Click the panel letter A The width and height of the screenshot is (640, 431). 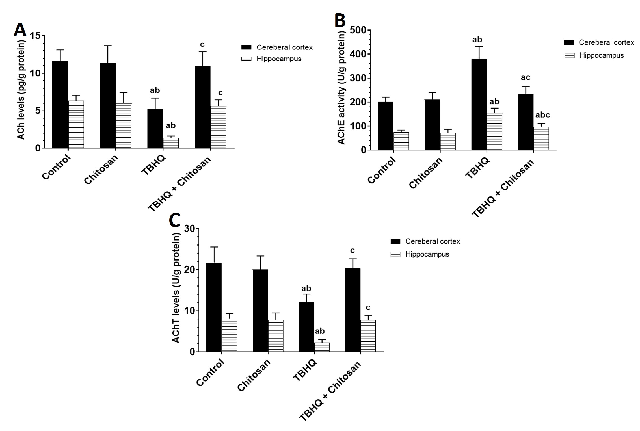[x=20, y=30]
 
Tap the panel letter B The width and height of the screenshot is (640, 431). [x=340, y=21]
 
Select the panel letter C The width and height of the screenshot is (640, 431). [x=174, y=220]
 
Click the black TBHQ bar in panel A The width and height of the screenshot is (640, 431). [x=155, y=128]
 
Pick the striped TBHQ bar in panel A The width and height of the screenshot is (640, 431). [x=171, y=143]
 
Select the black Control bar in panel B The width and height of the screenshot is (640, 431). [x=385, y=126]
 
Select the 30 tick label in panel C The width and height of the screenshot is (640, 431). [x=190, y=228]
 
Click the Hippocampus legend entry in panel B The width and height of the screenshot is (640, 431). [x=601, y=55]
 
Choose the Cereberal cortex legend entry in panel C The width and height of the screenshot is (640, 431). [x=432, y=241]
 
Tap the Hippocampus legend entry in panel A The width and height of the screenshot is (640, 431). [x=279, y=59]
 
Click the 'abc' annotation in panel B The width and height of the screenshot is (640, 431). [x=542, y=115]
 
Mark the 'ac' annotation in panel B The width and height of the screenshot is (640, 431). [x=525, y=77]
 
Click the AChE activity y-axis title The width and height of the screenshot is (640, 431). [x=341, y=88]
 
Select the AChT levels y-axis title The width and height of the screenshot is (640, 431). [x=176, y=288]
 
